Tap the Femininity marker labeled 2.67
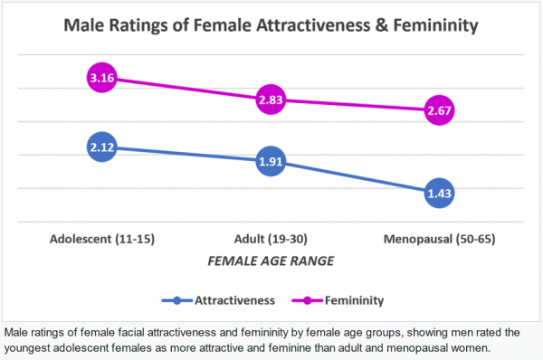(x=439, y=110)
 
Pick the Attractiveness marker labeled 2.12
(x=101, y=146)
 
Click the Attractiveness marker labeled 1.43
(x=439, y=193)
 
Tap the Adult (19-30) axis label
(x=270, y=240)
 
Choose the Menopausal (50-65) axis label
(x=439, y=240)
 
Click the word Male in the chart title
(x=85, y=26)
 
